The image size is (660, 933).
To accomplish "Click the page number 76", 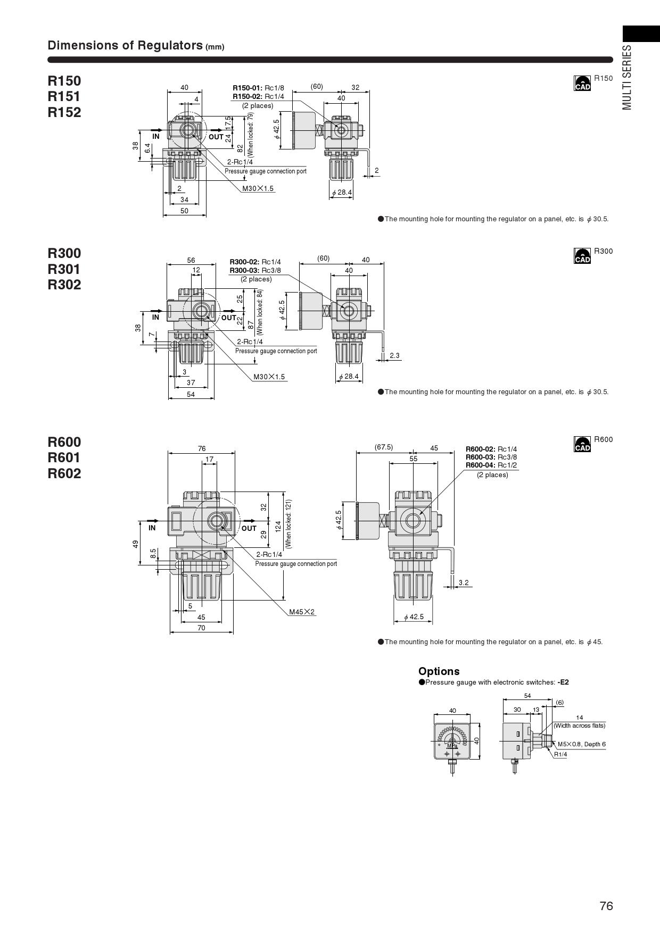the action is [606, 906].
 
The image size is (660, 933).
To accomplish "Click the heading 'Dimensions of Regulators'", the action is [125, 45].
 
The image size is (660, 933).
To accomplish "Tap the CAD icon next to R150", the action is [582, 83].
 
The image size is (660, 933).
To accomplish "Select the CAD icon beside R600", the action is [582, 444].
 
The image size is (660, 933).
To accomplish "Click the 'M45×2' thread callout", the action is [302, 612].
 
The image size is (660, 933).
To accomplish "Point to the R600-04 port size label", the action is [491, 465].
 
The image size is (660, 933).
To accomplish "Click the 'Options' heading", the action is [439, 671].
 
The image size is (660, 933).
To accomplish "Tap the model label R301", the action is [64, 269].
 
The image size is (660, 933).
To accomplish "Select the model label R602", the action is [64, 473].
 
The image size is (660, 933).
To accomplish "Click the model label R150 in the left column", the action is [64, 81].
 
